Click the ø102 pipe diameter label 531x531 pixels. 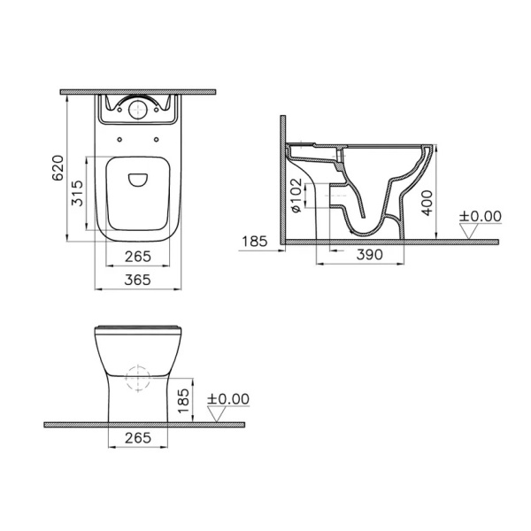click(x=296, y=197)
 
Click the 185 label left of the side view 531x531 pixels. click(x=254, y=239)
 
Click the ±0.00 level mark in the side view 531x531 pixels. click(x=481, y=216)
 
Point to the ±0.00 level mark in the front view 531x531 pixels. click(x=228, y=399)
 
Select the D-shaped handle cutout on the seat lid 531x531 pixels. click(x=137, y=180)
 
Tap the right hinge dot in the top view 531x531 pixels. click(x=158, y=138)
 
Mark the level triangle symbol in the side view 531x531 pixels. click(x=470, y=232)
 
